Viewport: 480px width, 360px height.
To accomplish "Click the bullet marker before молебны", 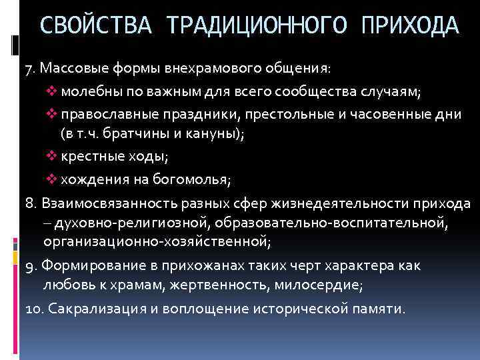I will [53, 91].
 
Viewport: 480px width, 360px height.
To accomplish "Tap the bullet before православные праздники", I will [53, 114].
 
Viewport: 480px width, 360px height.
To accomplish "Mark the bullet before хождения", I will [53, 179].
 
